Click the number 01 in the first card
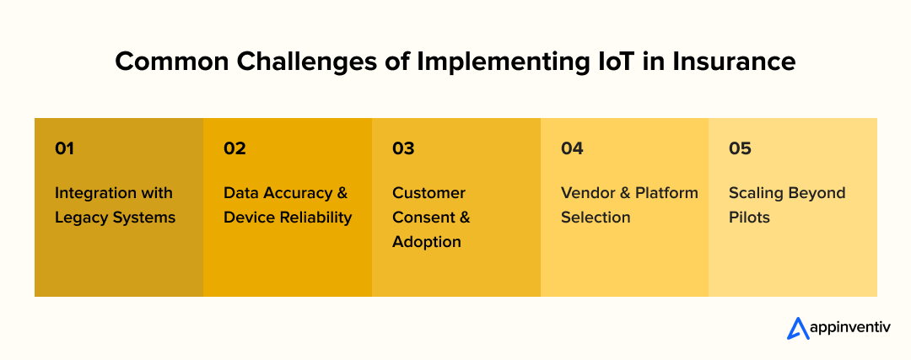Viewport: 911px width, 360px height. pyautogui.click(x=64, y=148)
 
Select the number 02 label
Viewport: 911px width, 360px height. pyautogui.click(x=234, y=148)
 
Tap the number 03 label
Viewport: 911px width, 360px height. pyautogui.click(x=403, y=148)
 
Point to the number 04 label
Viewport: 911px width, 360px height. pyautogui.click(x=572, y=148)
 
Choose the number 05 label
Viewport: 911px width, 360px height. pyautogui.click(x=740, y=148)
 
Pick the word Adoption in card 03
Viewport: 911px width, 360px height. pyautogui.click(x=426, y=242)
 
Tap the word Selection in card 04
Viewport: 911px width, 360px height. pyautogui.click(x=596, y=218)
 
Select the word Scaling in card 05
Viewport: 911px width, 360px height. pyautogui.click(x=755, y=193)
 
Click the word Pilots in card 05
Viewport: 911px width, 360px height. pyautogui.click(x=749, y=218)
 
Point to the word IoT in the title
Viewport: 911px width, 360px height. pyautogui.click(x=629, y=62)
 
